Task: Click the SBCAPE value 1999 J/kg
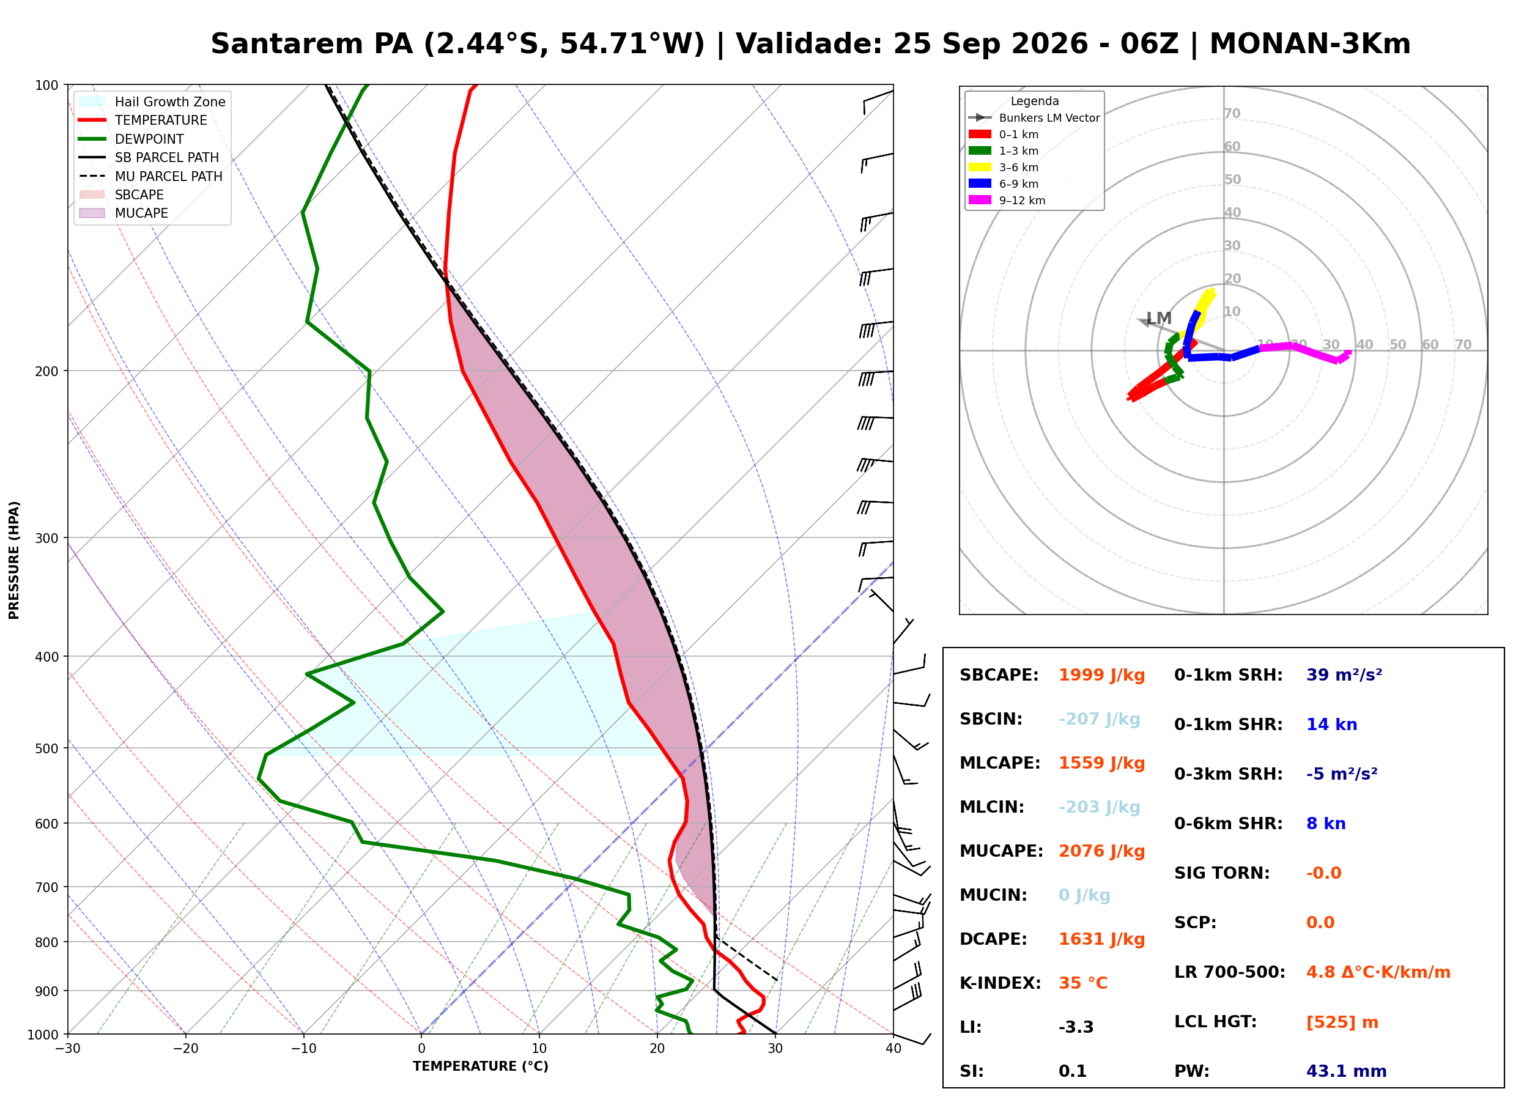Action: click(1102, 675)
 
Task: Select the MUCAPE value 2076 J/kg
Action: click(1102, 851)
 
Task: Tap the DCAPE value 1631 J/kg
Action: click(1102, 939)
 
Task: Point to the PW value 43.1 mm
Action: click(1347, 1071)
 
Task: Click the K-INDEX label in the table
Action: click(1001, 983)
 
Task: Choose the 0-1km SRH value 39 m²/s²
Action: click(1344, 675)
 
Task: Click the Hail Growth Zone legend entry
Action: click(152, 102)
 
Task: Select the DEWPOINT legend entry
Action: click(131, 139)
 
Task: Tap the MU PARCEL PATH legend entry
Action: click(150, 176)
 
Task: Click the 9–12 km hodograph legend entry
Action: click(1007, 201)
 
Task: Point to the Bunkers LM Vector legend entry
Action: click(1034, 118)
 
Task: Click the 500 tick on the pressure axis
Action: click(46, 748)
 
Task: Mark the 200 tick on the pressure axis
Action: click(46, 371)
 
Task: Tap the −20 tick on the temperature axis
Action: click(185, 1049)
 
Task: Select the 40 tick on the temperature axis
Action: click(893, 1049)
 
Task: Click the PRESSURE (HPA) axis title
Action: click(14, 560)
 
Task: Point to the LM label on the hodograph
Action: click(1160, 319)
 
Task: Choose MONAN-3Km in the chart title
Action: click(1311, 44)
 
